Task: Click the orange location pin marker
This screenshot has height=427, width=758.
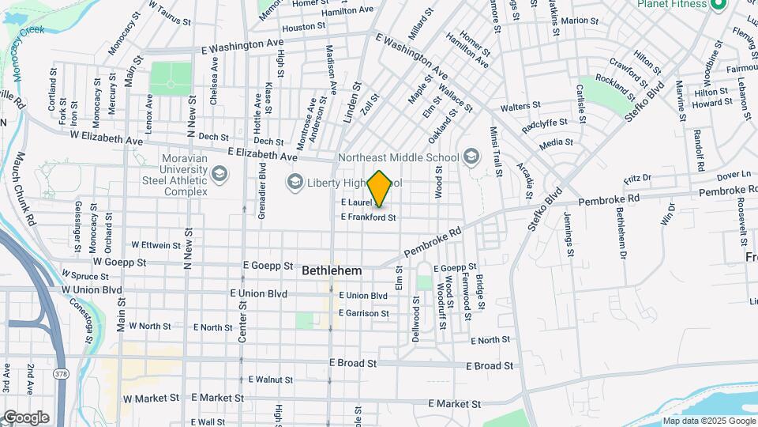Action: coord(379,189)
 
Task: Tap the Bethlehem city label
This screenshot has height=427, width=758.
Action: coord(332,270)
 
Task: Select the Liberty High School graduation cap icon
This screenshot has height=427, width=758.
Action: coord(295,183)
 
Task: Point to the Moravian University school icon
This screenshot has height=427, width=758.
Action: coord(219,173)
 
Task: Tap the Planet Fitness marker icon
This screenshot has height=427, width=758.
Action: coord(718,5)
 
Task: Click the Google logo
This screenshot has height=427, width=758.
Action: coord(26,418)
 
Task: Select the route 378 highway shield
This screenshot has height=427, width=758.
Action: coord(60,372)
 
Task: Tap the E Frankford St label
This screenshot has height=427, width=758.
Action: coord(367,217)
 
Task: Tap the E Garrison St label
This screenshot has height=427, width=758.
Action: coord(363,313)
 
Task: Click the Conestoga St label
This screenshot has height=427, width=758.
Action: coord(88,309)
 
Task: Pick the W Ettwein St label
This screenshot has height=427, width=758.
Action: coord(156,245)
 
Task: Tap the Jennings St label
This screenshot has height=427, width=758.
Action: coord(568,235)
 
